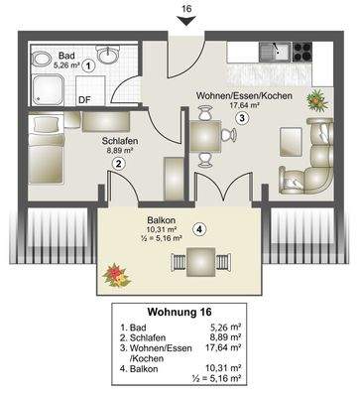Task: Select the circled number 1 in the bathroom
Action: tap(89, 65)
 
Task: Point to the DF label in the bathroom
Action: tap(84, 99)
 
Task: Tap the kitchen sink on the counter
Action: tap(269, 50)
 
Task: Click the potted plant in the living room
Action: tap(316, 99)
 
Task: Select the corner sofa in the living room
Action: tap(312, 159)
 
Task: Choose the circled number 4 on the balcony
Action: tap(199, 229)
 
